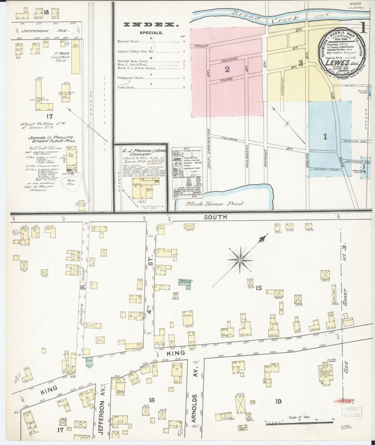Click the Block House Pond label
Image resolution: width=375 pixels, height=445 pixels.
click(x=214, y=204)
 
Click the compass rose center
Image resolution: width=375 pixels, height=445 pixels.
click(x=240, y=260)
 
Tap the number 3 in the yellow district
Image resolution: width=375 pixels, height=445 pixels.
click(x=301, y=63)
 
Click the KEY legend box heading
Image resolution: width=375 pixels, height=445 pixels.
click(x=187, y=149)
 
